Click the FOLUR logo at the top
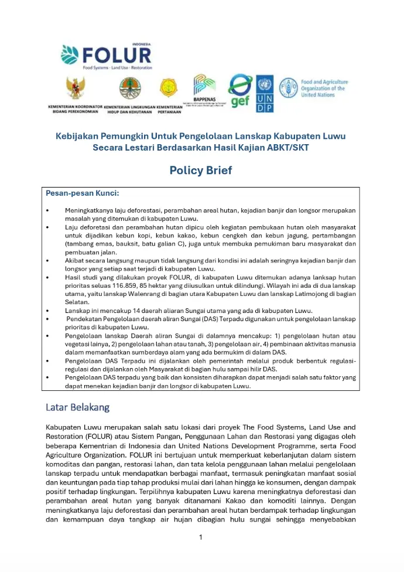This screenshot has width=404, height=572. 107,55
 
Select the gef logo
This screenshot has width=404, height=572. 239,92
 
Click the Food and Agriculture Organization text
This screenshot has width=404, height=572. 324,88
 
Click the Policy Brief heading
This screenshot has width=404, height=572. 201,171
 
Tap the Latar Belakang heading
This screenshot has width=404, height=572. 77,407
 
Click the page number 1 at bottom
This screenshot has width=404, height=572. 200,537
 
